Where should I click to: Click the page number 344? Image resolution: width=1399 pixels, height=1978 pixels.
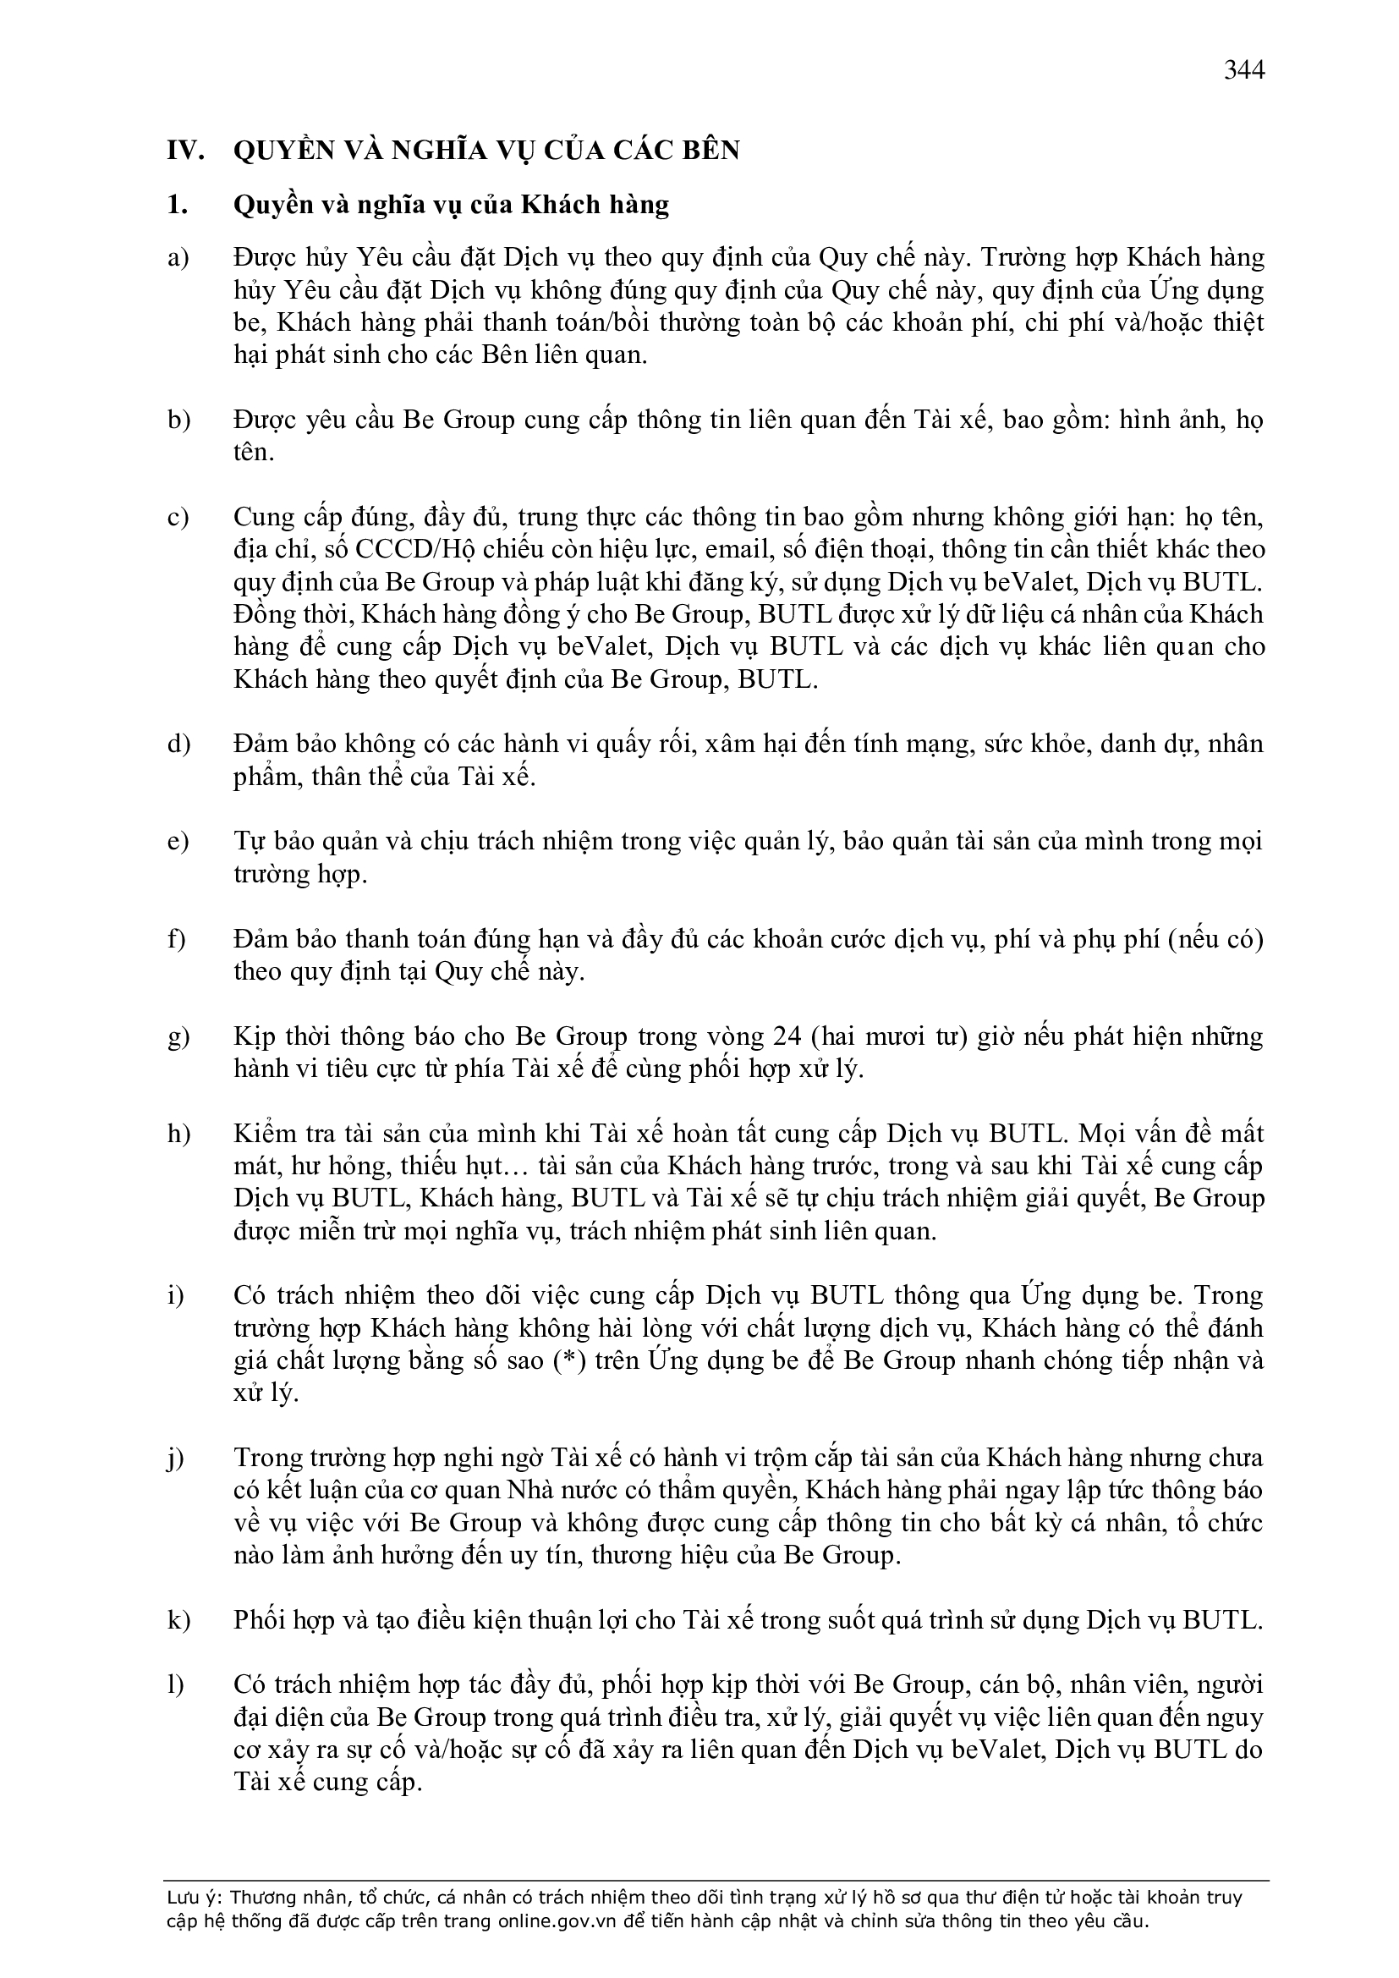(1244, 69)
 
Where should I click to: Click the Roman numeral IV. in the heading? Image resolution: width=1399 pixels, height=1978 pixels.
(185, 151)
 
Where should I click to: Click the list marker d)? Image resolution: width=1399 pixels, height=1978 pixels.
(178, 744)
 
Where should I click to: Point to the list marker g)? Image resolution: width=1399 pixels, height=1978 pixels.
(178, 1036)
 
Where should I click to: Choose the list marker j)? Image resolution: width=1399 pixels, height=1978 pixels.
(177, 1459)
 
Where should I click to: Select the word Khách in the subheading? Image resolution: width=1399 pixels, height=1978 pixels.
(560, 205)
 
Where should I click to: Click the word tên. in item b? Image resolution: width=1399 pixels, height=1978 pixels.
(252, 453)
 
